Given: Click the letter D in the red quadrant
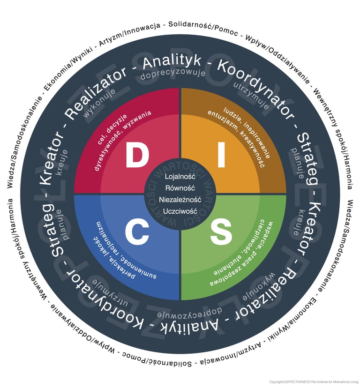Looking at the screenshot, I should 137,156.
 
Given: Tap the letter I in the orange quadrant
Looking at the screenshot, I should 221,156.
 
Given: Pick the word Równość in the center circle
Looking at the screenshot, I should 180,187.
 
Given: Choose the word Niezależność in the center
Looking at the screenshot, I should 180,199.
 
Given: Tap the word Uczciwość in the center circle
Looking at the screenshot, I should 180,211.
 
